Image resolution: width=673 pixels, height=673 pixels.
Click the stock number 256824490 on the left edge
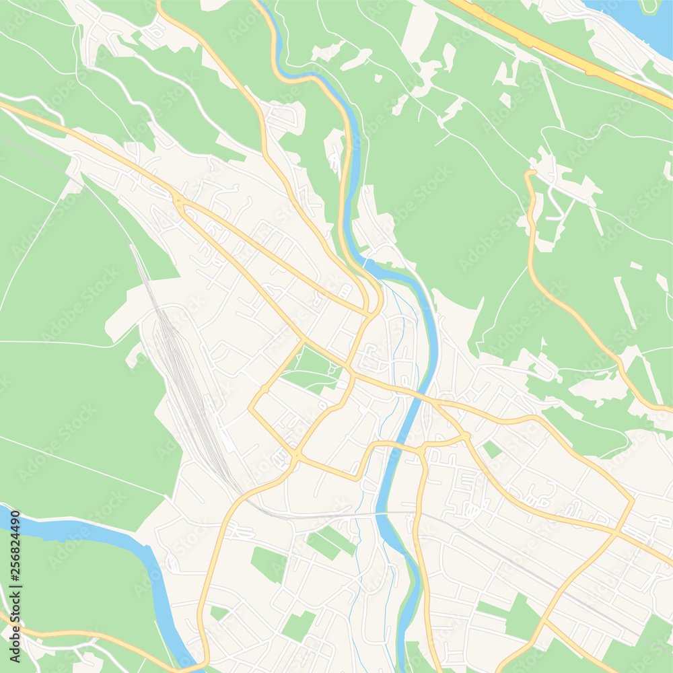(x=14, y=564)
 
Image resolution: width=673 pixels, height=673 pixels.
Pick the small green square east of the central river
(x=493, y=449)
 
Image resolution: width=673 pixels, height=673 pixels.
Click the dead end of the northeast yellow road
(x=530, y=174)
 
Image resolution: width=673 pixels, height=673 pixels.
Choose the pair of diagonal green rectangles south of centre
(x=331, y=542)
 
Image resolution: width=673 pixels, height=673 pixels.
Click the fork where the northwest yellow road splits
(x=178, y=200)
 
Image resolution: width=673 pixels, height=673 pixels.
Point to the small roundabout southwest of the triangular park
(x=264, y=389)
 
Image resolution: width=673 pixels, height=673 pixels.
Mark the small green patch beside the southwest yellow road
(x=219, y=612)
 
